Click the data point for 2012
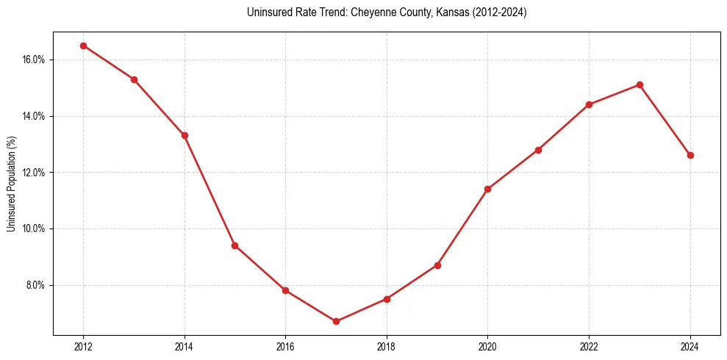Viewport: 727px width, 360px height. (83, 46)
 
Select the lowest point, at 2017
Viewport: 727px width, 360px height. (336, 321)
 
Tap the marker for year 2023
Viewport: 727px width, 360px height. (640, 84)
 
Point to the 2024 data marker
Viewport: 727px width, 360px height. (690, 155)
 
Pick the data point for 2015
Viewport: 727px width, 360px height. (234, 245)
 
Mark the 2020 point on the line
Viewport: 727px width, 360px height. (487, 189)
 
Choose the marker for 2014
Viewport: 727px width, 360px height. (185, 135)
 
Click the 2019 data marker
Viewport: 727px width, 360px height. (437, 265)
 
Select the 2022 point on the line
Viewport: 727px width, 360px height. (589, 104)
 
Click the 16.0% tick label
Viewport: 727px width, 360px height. (35, 60)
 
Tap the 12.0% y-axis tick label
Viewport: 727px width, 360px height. (35, 173)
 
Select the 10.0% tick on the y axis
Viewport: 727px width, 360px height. (35, 228)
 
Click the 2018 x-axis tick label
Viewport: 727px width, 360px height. (387, 347)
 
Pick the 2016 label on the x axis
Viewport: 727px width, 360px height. (285, 347)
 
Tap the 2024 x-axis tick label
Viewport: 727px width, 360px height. (690, 347)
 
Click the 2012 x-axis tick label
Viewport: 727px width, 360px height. (83, 347)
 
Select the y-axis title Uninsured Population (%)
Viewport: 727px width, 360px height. (11, 184)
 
